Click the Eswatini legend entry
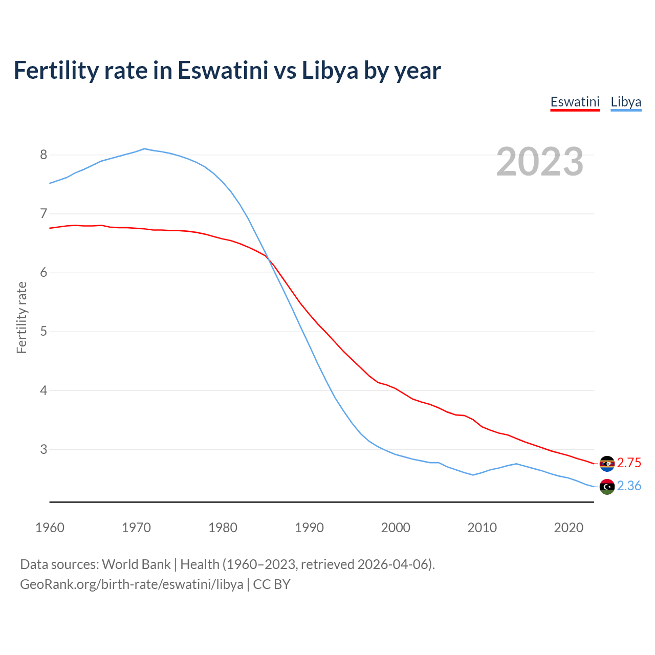[x=575, y=102]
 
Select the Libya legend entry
[x=626, y=102]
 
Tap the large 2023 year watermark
[x=540, y=162]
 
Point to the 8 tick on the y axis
[x=43, y=155]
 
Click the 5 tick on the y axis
[x=43, y=332]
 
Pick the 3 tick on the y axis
[x=43, y=449]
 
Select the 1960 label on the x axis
[x=50, y=528]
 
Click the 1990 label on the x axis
[x=309, y=528]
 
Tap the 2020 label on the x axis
[x=569, y=528]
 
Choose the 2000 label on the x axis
[x=396, y=528]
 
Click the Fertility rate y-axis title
[x=21, y=317]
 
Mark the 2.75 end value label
[x=629, y=463]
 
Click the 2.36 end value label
[x=629, y=486]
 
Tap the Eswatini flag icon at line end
[x=607, y=464]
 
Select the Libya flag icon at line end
[x=607, y=487]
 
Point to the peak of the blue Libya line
[x=145, y=149]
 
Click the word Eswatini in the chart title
[x=223, y=71]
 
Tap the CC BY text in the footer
[x=272, y=584]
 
